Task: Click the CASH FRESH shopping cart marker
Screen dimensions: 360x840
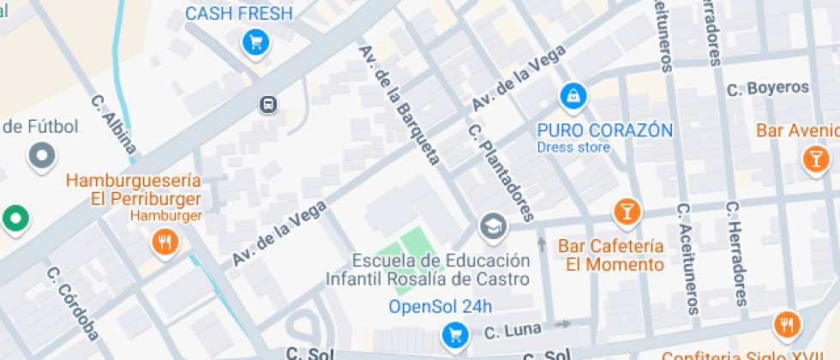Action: pos(255,41)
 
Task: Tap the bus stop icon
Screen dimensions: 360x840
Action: pos(268,105)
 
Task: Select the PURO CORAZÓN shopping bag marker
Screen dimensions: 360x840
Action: pos(573,96)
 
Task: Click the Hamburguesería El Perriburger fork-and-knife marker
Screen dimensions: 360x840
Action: pos(163,243)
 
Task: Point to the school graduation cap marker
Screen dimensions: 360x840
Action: pos(494,226)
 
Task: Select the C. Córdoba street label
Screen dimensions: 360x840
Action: pos(73,303)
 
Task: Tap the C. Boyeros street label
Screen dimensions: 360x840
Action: pos(767,88)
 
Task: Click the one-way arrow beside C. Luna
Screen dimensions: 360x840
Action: pos(562,324)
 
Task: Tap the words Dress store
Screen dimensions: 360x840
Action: pos(573,147)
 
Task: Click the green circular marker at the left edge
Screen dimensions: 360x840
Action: pos(15,219)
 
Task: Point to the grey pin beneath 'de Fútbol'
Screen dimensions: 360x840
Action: pos(41,156)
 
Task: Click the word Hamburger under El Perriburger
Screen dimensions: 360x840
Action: pos(166,215)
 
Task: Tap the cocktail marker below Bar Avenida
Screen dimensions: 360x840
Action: pos(814,158)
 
